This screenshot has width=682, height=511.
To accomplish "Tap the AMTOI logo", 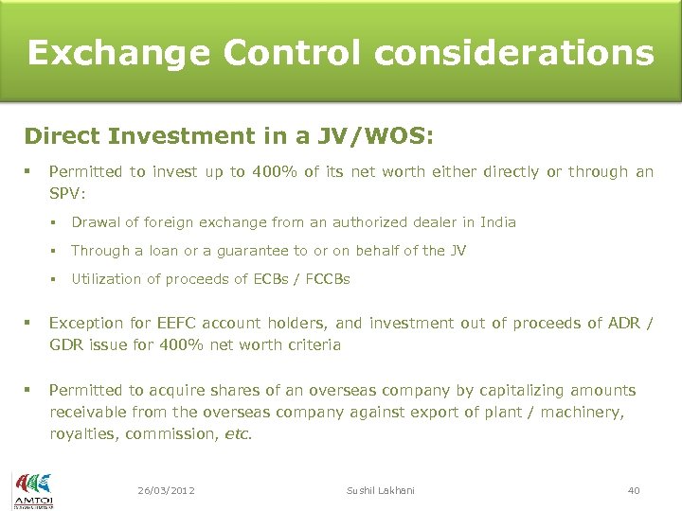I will [x=32, y=489].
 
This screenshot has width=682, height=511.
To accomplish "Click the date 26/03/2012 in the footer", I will [x=166, y=490].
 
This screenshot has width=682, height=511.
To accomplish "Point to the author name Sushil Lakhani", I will [x=381, y=490].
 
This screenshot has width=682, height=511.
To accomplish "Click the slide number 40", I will [x=634, y=490].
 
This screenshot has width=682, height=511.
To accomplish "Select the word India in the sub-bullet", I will [x=497, y=222].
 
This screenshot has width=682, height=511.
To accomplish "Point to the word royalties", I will [x=82, y=433].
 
